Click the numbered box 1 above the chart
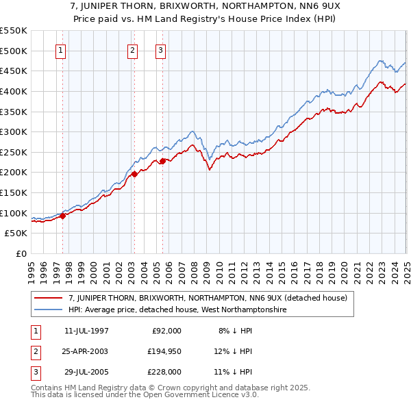[61, 50]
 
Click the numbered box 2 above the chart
[132, 50]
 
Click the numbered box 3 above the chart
[160, 50]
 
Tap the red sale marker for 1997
[62, 216]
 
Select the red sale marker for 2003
[135, 174]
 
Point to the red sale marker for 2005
[163, 161]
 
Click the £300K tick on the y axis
[14, 131]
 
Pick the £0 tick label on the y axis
[21, 253]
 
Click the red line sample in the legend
[49, 298]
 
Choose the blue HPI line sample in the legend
[49, 310]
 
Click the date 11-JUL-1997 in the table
[86, 331]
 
